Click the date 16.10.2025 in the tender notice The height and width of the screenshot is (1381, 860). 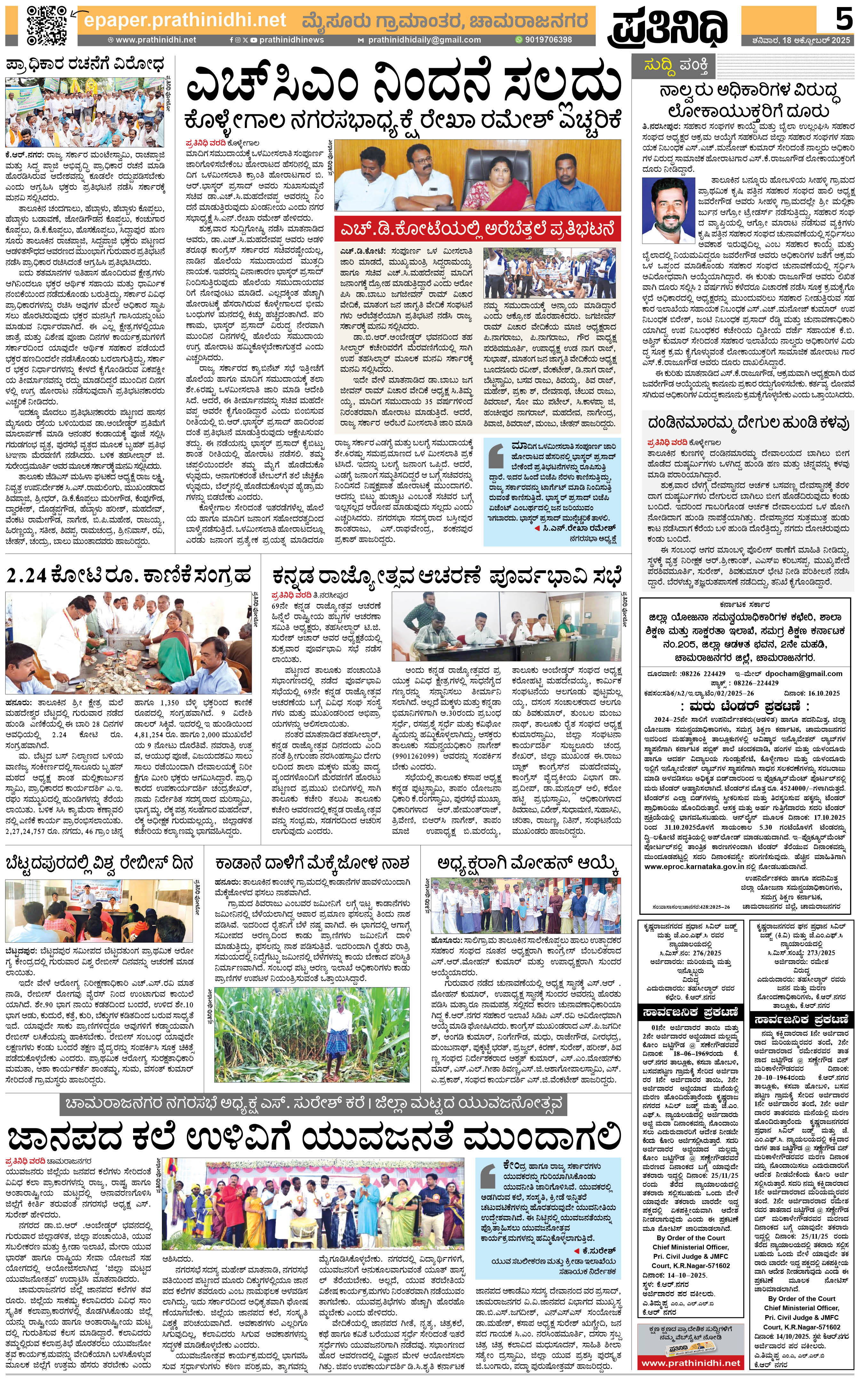(823, 693)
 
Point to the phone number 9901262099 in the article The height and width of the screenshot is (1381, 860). (418, 756)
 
